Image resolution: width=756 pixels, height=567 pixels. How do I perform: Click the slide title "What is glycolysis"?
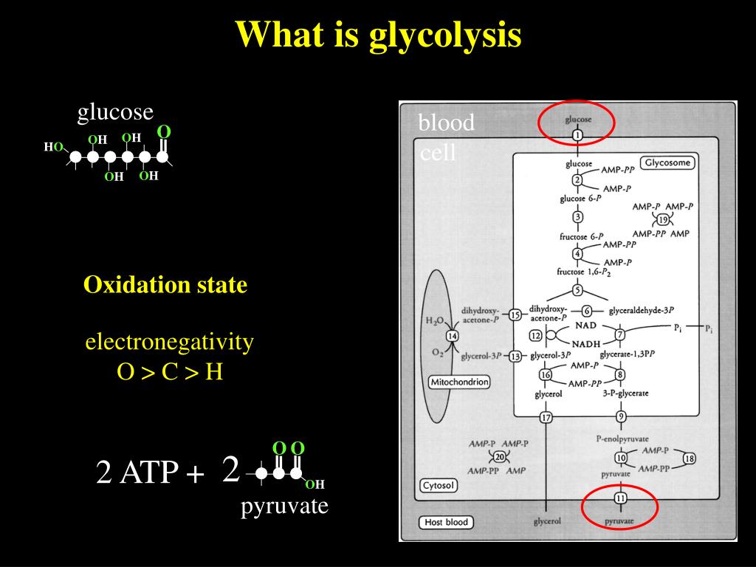378,35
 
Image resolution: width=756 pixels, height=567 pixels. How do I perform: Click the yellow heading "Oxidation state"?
165,285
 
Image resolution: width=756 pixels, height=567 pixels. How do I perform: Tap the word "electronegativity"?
169,342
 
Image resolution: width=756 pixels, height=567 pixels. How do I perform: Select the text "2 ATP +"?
150,472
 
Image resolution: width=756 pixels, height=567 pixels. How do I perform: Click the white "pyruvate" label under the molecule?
284,506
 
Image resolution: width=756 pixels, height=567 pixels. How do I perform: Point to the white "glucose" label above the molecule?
116,111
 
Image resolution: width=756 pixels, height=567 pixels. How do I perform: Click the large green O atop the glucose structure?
164,131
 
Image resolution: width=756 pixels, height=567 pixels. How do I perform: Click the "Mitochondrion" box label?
459,382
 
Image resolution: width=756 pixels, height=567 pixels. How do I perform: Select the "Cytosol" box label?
439,485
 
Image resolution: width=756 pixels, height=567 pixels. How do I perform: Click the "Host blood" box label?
447,522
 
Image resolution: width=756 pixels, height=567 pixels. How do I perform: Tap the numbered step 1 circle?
578,135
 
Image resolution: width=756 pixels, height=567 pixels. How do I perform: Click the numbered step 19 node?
663,220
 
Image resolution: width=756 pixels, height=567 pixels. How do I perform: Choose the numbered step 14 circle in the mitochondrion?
453,336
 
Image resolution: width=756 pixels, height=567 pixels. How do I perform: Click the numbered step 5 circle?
578,290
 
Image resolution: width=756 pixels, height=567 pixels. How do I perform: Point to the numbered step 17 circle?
546,418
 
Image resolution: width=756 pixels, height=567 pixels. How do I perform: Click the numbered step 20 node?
498,457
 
